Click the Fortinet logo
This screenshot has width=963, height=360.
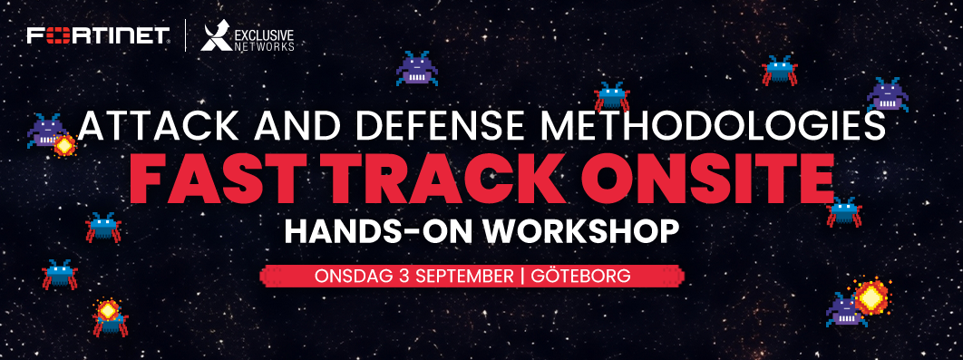point(98,35)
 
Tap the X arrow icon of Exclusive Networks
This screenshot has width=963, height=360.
point(216,37)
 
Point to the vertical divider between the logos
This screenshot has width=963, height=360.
point(186,35)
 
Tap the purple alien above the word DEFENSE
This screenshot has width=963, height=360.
point(417,68)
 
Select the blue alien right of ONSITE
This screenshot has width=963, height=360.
point(844,212)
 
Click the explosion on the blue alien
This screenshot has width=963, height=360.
point(108,309)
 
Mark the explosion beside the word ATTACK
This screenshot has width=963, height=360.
point(63,145)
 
